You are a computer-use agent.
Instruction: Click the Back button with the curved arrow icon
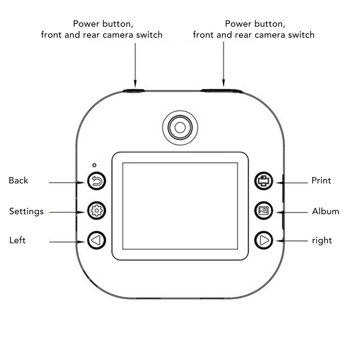click(96, 181)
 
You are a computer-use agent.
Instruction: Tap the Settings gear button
click(96, 211)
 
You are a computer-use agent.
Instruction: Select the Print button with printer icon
click(264, 181)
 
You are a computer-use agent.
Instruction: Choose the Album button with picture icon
click(264, 211)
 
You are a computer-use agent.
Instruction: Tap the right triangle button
click(264, 240)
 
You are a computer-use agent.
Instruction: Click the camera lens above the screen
click(180, 128)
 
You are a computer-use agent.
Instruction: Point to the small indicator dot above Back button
click(94, 165)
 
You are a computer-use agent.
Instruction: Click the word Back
click(18, 180)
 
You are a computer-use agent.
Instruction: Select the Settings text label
click(27, 211)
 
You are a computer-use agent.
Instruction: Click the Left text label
click(18, 240)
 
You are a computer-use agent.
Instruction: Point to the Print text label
click(321, 180)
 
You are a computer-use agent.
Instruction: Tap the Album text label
click(325, 211)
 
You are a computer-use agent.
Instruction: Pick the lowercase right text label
click(322, 241)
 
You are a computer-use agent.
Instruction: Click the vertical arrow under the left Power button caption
click(135, 65)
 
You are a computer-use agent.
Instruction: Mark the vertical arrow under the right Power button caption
click(224, 64)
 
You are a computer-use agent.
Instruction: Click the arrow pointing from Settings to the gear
click(67, 212)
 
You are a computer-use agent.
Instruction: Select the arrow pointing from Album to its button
click(292, 212)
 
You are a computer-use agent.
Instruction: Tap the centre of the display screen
click(180, 206)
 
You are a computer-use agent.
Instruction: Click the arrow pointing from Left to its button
click(67, 242)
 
